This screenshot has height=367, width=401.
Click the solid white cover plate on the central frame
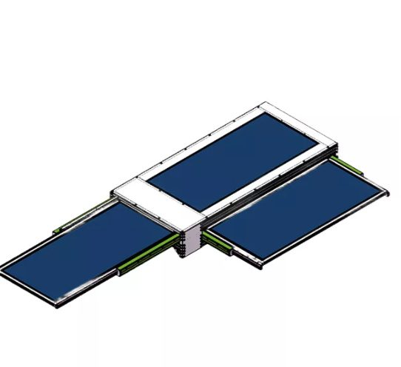[x=159, y=206]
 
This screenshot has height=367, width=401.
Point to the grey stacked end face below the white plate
[x=189, y=244]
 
